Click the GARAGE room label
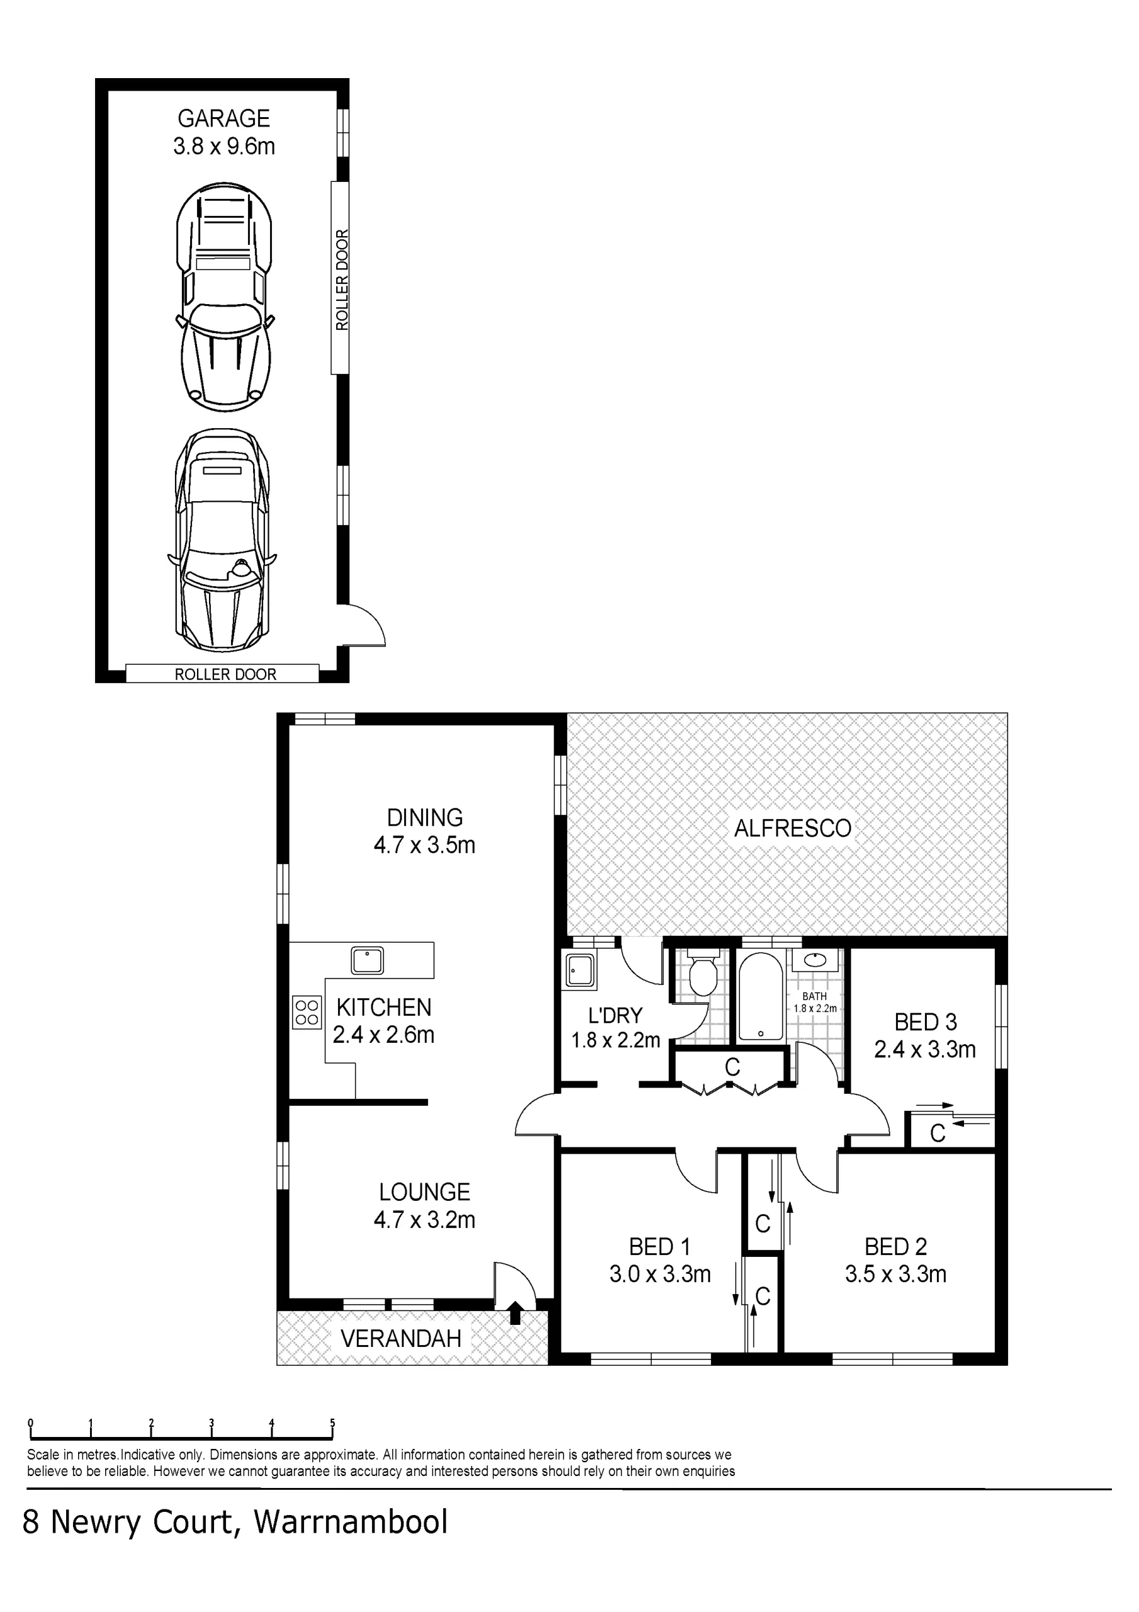point(224,118)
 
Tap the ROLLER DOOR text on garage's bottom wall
point(225,674)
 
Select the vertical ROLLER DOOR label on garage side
point(341,279)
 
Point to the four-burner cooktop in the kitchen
point(307,1012)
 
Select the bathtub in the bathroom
point(761,996)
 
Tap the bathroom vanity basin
point(815,960)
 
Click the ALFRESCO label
point(792,829)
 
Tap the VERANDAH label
point(401,1338)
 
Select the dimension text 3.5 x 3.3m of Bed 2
point(895,1274)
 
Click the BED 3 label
point(925,1021)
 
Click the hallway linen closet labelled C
point(732,1067)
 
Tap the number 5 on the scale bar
point(332,1424)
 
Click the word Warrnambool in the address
point(351,1521)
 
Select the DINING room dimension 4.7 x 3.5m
point(424,844)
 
